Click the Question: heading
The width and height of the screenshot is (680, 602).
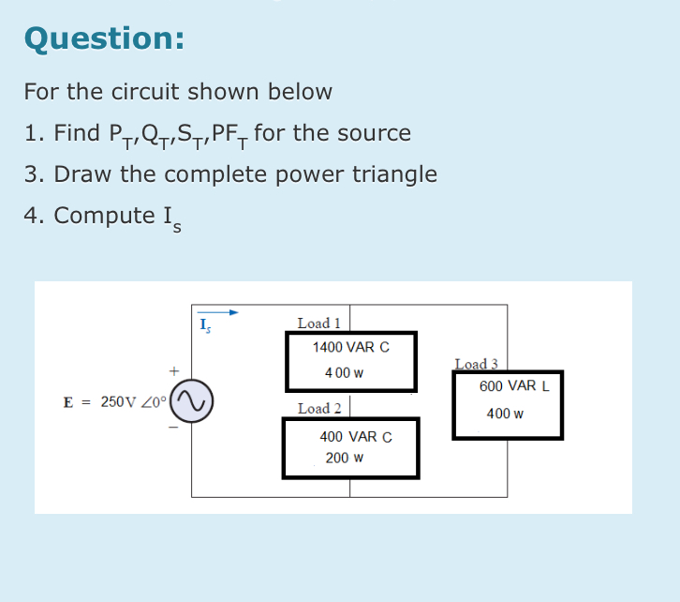[x=104, y=38]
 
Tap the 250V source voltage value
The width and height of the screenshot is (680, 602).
[x=117, y=401]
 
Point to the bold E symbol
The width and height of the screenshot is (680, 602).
[x=68, y=402]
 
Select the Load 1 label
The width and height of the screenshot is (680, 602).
[x=318, y=324]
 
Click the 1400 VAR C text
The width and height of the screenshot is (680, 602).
[x=350, y=347]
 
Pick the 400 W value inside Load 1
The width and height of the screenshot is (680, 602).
[x=344, y=372]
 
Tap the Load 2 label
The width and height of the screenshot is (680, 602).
[x=318, y=409]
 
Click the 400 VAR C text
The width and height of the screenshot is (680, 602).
[x=355, y=437]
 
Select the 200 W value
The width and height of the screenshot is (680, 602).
[x=344, y=459]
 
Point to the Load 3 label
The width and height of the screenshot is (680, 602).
[x=476, y=365]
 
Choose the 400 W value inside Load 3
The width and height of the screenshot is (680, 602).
[x=505, y=414]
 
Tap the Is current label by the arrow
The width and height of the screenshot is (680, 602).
[x=203, y=327]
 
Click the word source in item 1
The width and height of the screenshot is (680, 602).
[x=374, y=133]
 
